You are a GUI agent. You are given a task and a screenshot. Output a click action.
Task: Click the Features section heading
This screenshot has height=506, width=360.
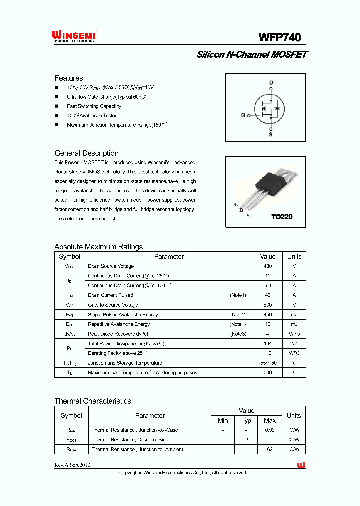coord(69,78)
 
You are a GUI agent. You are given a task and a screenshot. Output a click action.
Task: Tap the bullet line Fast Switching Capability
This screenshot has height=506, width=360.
coord(94,106)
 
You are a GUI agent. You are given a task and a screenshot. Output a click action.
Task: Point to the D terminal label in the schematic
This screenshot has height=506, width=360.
coord(271,83)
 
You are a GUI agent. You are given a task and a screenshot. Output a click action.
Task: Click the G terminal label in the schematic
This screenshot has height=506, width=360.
coord(243,115)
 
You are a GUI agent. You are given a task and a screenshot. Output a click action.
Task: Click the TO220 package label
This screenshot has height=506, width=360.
coord(281,217)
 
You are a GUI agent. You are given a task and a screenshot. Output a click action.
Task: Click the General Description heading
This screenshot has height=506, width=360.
coord(86,153)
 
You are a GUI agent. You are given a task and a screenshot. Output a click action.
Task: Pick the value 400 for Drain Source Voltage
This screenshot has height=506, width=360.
coord(268,266)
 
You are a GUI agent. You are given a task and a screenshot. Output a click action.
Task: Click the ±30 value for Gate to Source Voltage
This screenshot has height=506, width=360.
coord(268,305)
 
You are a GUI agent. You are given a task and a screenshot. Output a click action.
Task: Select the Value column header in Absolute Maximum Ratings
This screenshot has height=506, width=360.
coord(268,256)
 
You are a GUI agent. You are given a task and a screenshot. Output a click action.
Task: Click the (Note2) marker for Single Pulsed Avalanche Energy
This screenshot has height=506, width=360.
coord(238,315)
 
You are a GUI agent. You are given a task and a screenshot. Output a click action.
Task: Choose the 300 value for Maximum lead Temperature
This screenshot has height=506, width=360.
coord(268,373)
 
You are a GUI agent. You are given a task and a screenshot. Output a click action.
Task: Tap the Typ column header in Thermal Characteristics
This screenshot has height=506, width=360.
coord(246,420)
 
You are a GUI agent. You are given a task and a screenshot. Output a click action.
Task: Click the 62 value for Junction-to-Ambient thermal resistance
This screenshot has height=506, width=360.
coord(270,449)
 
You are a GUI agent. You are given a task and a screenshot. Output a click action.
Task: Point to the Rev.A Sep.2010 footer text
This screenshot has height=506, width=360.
coord(72,465)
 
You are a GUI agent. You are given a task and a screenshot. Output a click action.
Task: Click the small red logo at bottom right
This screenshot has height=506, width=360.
coord(301,465)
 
